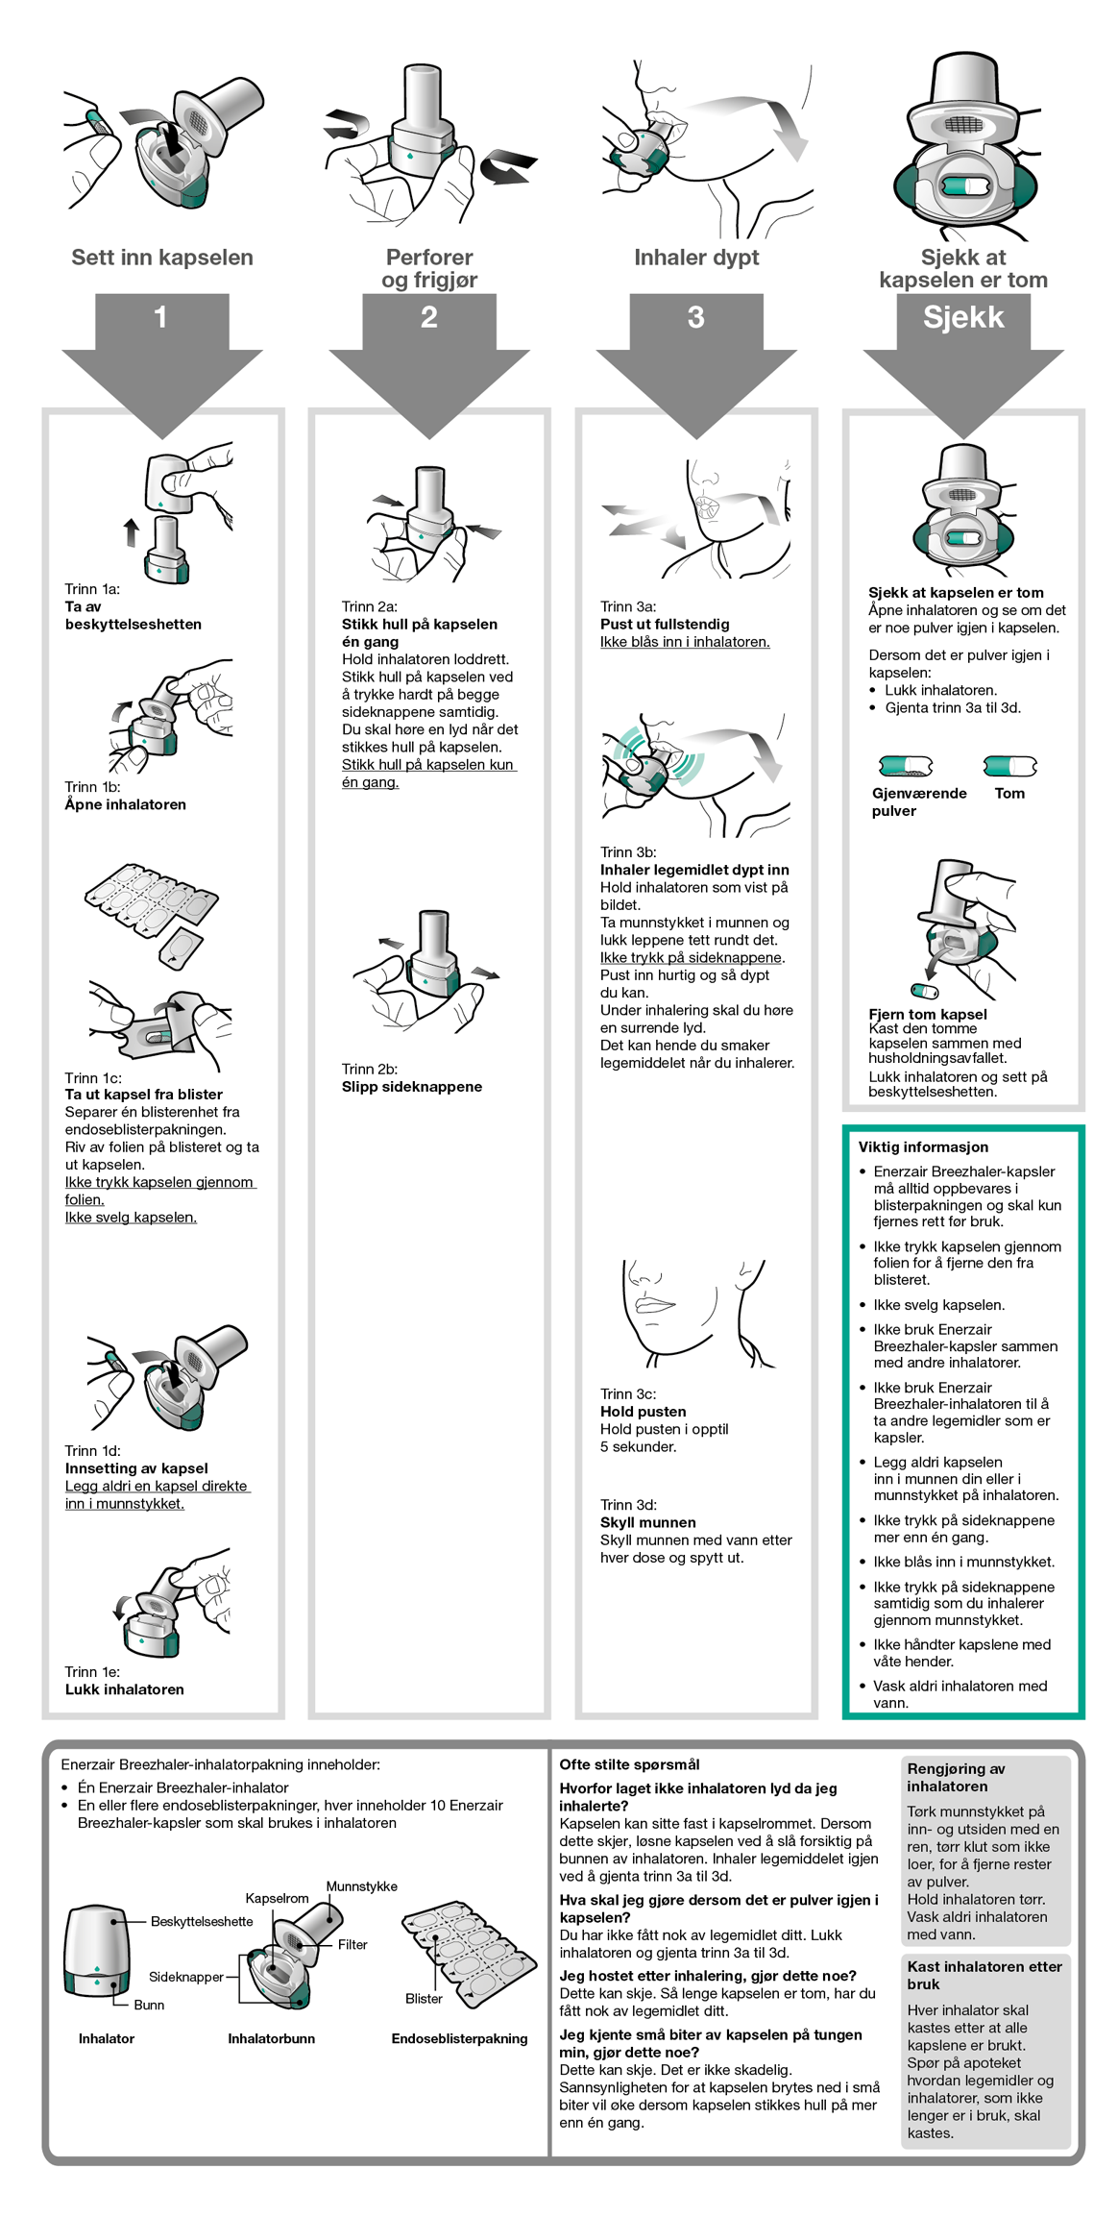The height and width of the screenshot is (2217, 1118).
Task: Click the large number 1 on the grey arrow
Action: (x=160, y=317)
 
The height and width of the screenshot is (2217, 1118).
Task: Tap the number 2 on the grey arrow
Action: (x=428, y=317)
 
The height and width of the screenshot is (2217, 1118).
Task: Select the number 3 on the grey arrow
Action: (x=695, y=317)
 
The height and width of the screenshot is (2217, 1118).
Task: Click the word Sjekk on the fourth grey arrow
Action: (x=962, y=317)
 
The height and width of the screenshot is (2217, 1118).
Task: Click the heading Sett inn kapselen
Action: (x=162, y=258)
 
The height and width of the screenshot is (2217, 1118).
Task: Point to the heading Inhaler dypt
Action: (x=696, y=258)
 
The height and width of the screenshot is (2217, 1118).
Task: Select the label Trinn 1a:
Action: (x=92, y=589)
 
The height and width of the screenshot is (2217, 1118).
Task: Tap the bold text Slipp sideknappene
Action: (x=412, y=1087)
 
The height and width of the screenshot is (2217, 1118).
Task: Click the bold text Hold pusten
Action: (x=643, y=1412)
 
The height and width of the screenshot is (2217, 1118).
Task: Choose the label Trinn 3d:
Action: (x=628, y=1505)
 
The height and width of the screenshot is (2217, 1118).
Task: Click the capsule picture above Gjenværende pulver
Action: (x=905, y=766)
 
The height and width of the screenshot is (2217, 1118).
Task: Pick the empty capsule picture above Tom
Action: (x=1009, y=766)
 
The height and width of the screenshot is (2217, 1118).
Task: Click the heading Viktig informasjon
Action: (x=923, y=1146)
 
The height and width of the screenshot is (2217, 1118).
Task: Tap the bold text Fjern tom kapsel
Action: (x=927, y=1014)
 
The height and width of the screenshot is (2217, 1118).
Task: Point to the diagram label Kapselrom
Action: (x=277, y=1898)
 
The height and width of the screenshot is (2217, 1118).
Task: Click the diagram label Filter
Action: (x=352, y=1944)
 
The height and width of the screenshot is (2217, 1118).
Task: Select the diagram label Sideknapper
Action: (x=186, y=1977)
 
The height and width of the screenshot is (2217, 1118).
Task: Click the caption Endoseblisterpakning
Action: (x=459, y=2038)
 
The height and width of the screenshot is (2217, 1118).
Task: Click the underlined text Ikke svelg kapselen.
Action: (x=131, y=1218)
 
